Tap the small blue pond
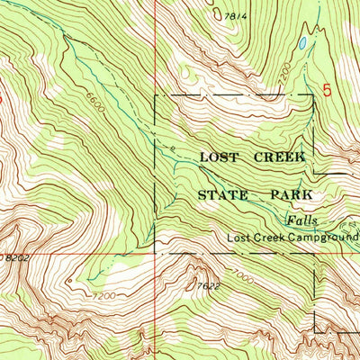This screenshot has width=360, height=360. pos(303,42)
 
